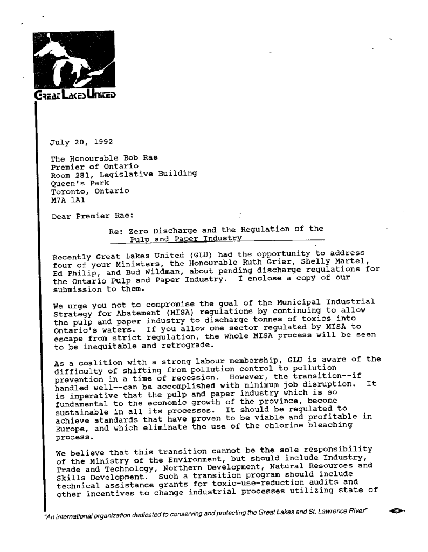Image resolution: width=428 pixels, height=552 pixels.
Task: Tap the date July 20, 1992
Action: pyautogui.click(x=81, y=143)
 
